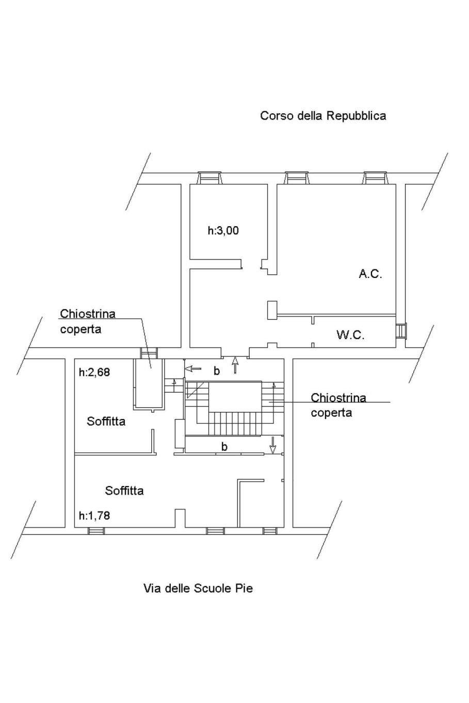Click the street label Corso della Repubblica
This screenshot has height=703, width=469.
coord(323,115)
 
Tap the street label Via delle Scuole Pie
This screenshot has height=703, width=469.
coord(198,588)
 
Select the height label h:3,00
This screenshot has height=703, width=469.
coord(223,230)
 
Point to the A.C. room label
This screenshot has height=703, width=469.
coord(370,274)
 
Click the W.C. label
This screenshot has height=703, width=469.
coord(350,335)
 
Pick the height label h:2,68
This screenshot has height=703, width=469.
coord(94,372)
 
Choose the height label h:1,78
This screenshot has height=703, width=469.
coord(94,515)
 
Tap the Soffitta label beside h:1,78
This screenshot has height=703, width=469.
coord(124,490)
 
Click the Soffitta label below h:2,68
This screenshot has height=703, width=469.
coord(106,421)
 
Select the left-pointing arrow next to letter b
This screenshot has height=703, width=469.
coord(193,369)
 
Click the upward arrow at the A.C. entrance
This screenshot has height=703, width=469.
coord(236,365)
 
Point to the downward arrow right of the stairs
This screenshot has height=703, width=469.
coord(273,443)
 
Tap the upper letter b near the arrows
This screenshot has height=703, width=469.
coord(217,371)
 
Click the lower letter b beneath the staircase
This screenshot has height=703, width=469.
coord(224,446)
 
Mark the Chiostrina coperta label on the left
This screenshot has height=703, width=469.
coord(87,321)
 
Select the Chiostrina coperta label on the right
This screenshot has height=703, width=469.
coord(338,405)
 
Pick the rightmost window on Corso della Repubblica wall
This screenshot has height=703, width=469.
coord(375,178)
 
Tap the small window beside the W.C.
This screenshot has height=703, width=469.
coord(400,330)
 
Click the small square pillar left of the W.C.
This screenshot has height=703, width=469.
coord(272,310)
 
